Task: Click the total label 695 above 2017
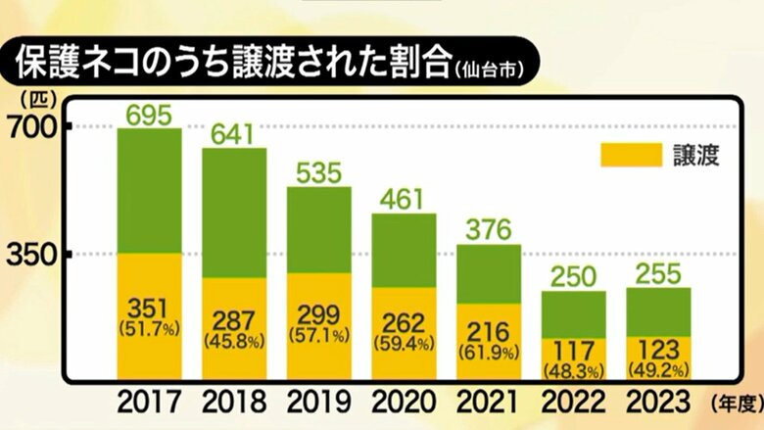point(149,116)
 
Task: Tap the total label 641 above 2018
point(234,134)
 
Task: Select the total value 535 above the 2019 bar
point(318,173)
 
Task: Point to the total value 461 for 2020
point(404,201)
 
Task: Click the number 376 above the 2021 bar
point(489,231)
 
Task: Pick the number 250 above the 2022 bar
point(573,277)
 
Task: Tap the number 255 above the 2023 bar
point(658,275)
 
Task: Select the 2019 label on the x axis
point(318,402)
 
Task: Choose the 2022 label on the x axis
point(573,402)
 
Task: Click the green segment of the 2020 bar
point(404,250)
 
